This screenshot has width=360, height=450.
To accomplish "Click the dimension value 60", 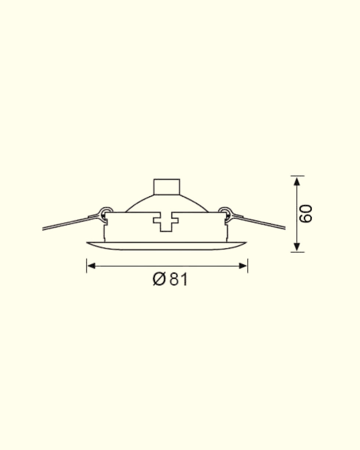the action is click(x=306, y=213).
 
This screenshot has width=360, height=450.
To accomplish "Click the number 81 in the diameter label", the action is click(x=178, y=280).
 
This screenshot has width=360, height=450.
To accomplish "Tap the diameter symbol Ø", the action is click(x=159, y=280).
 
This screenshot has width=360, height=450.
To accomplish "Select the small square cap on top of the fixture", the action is click(x=167, y=187).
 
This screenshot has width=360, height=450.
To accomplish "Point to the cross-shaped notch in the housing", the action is click(x=166, y=222).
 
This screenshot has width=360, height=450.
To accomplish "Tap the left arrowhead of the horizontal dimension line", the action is click(x=91, y=266).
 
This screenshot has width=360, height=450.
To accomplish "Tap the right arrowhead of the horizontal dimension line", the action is click(x=243, y=266).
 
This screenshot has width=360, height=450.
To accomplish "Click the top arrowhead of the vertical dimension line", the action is click(x=297, y=181).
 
